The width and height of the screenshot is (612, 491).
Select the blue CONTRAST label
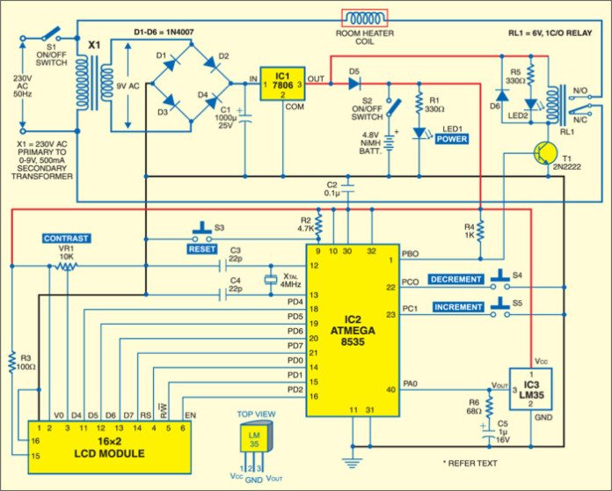point(67,238)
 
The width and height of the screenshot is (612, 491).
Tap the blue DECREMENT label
point(456,280)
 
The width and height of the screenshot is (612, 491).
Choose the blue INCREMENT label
point(456,306)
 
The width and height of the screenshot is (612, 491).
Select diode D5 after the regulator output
point(354,84)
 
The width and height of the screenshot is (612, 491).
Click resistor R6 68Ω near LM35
point(490,401)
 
